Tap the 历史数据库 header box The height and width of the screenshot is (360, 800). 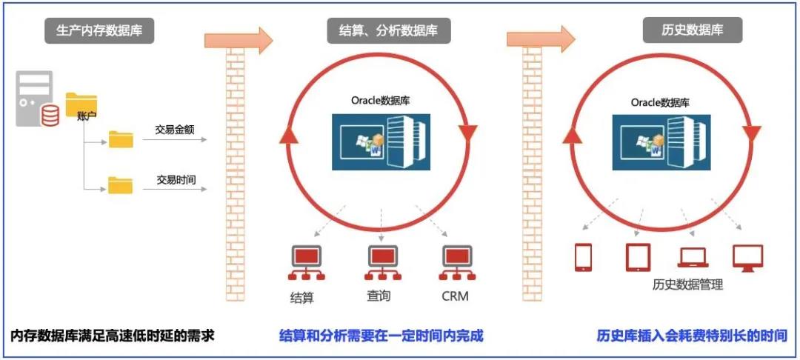coord(692,30)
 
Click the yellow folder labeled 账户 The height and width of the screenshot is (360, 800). coord(81,106)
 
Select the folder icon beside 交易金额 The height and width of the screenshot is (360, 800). coord(121,139)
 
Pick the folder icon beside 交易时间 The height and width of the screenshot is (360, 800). coord(121,184)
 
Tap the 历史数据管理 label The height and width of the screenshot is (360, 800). coord(687,284)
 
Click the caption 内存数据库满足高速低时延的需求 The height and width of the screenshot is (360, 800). coord(113,336)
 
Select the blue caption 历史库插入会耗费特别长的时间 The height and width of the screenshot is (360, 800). coord(692,336)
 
